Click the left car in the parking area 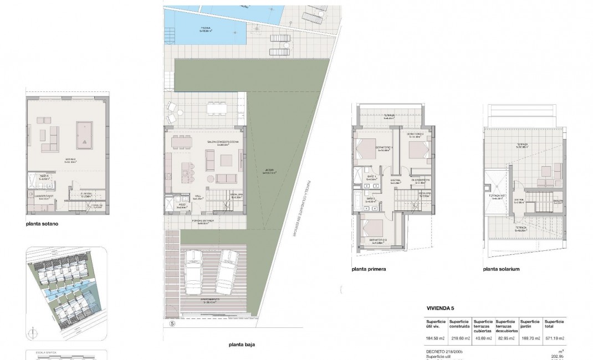pyautogui.click(x=196, y=272)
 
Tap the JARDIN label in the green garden pyautogui.click(x=270, y=172)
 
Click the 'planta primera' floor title pyautogui.click(x=369, y=269)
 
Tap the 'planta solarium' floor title pyautogui.click(x=500, y=269)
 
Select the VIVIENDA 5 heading pyautogui.click(x=441, y=307)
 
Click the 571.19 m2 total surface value pyautogui.click(x=554, y=338)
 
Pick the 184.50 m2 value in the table pyautogui.click(x=435, y=338)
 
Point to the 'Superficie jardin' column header pyautogui.click(x=530, y=325)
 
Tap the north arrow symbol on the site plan pyautogui.click(x=33, y=333)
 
